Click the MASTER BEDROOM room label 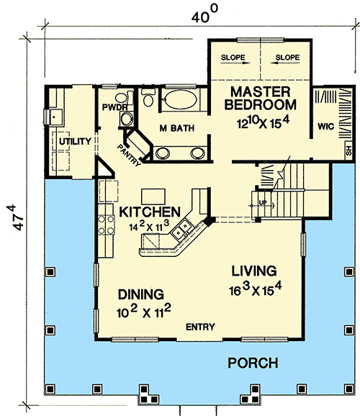[261, 99]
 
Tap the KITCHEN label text [149, 212]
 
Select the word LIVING [254, 271]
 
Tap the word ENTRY [200, 327]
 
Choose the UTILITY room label [76, 141]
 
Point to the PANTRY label [130, 155]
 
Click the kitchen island [152, 195]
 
